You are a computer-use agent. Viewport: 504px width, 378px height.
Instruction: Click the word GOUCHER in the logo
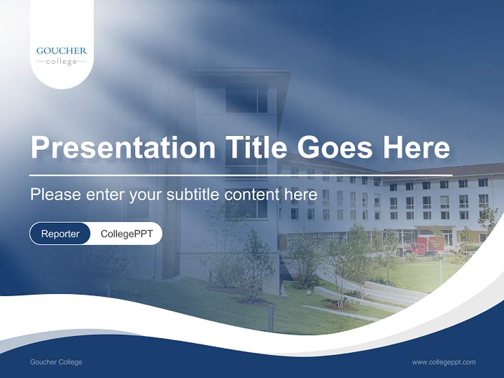[61, 51]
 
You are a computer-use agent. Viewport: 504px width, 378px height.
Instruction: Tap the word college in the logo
[61, 61]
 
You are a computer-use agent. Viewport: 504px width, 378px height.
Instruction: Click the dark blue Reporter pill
[60, 234]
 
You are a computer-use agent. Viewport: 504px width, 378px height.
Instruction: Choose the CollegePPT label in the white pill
[127, 234]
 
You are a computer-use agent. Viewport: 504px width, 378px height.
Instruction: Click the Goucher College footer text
[56, 362]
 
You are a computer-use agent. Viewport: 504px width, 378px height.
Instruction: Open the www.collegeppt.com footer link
[444, 362]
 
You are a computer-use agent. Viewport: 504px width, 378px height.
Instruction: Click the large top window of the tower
[247, 99]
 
